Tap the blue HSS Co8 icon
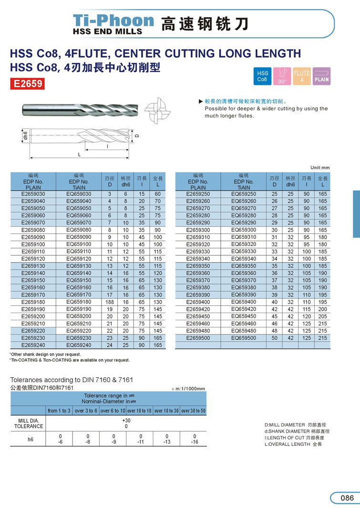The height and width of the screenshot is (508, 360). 263,76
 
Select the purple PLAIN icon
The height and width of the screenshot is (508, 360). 321,76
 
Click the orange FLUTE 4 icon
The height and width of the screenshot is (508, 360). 302,76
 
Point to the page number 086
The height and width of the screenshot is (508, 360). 347,498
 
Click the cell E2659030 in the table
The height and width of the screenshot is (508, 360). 33,194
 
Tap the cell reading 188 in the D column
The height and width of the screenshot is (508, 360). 109,302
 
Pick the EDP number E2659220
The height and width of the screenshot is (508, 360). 33,331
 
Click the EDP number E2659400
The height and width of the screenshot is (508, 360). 198,302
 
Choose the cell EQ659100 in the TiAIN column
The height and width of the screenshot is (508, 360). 79,244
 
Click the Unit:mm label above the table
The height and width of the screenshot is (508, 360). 320,168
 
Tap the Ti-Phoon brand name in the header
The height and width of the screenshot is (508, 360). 113,20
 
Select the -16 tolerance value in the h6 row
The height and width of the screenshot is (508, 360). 195,442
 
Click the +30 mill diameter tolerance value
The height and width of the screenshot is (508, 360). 126,420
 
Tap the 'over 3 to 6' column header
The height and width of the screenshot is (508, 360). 86,411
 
